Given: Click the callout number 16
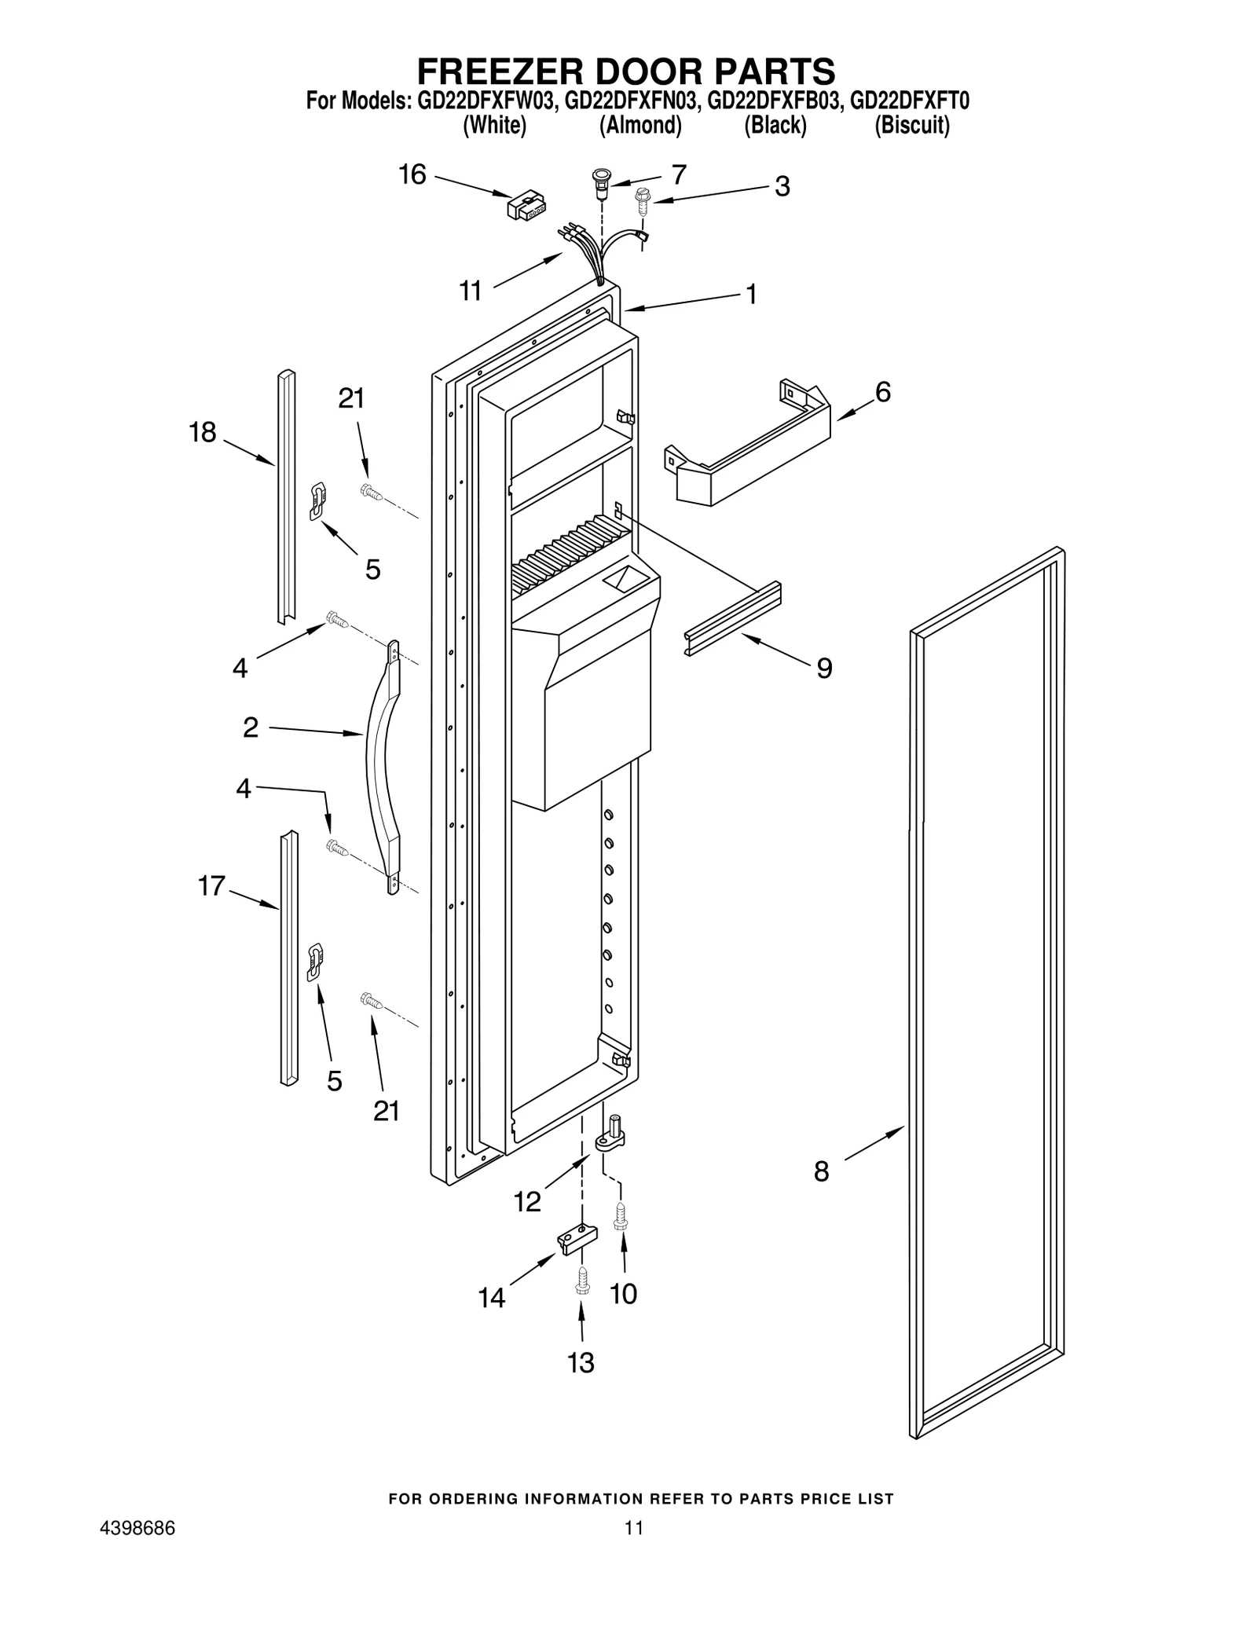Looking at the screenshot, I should [x=412, y=174].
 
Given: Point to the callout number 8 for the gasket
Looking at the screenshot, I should [x=821, y=1171].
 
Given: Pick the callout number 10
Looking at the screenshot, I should [x=624, y=1293].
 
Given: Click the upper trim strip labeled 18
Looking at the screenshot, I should [x=286, y=495].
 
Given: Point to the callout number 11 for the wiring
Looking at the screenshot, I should [x=470, y=291].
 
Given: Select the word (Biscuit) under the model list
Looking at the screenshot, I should [x=911, y=126].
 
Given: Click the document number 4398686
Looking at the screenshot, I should [x=137, y=1528].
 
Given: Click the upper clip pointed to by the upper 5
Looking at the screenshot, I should [x=318, y=500].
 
